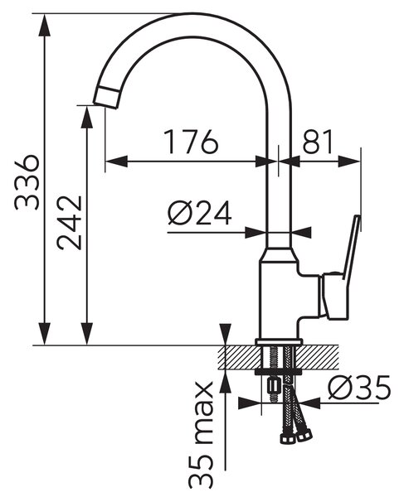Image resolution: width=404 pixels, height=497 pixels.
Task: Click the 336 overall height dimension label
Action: click(27, 182)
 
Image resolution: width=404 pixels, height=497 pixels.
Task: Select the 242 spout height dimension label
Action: click(70, 223)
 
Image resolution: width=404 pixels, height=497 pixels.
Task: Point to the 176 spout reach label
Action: click(192, 142)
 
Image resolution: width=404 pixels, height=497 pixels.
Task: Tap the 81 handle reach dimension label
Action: click(318, 141)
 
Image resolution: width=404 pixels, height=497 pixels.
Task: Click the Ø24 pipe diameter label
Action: click(200, 213)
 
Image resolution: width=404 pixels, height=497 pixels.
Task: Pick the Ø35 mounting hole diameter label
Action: click(359, 388)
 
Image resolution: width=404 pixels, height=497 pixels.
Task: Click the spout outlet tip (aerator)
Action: click(107, 98)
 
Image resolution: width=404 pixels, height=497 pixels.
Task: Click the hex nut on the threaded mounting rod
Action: click(273, 387)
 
